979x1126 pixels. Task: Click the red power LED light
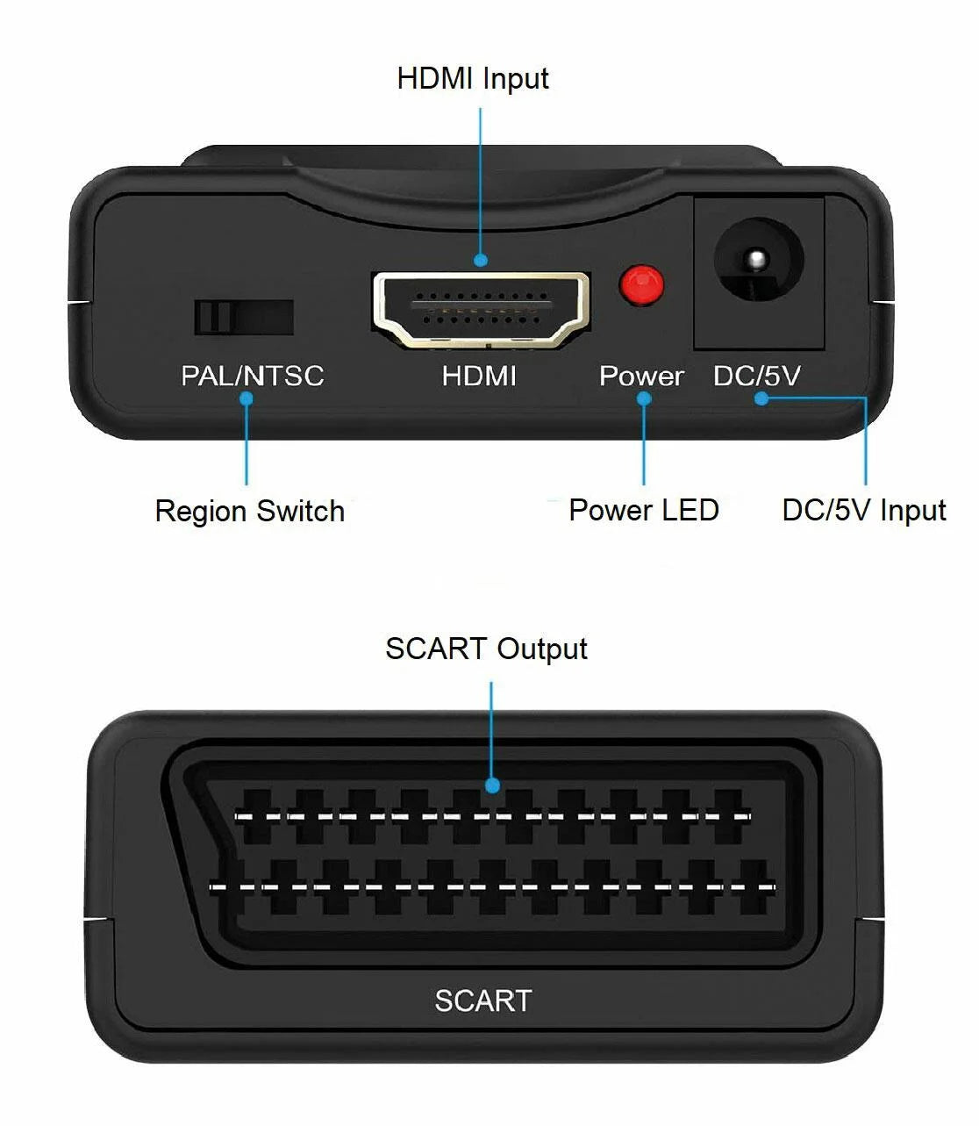(x=641, y=285)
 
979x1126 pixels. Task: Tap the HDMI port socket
(x=481, y=308)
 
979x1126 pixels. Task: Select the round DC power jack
(x=758, y=261)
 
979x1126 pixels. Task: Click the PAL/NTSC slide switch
(x=243, y=317)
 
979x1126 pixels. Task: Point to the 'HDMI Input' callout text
(x=473, y=78)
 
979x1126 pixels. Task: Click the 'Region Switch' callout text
(x=250, y=511)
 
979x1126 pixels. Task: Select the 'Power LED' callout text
(x=644, y=510)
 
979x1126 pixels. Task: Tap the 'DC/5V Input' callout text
(x=864, y=510)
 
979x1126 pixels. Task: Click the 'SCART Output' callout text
(x=486, y=649)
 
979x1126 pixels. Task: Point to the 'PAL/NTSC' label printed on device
(x=253, y=376)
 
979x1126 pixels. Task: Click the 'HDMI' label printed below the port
(x=479, y=376)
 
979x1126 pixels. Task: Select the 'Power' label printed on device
(x=641, y=376)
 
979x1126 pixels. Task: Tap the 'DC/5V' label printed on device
(x=756, y=376)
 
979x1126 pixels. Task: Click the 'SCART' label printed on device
(x=483, y=1000)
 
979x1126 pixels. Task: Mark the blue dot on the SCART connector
(x=492, y=785)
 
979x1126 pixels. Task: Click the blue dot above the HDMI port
(x=480, y=260)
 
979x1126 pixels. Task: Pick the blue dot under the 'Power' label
(x=644, y=398)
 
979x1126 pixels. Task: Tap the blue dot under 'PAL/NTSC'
(x=247, y=398)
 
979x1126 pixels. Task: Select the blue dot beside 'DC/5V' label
(x=761, y=398)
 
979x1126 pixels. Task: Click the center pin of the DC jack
(x=757, y=260)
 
